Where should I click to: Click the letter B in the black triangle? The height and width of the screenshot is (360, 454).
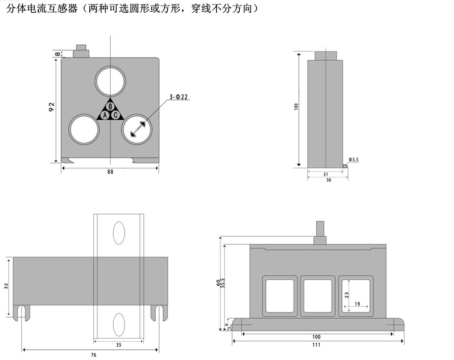click(110, 107)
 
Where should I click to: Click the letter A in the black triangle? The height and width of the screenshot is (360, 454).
click(105, 115)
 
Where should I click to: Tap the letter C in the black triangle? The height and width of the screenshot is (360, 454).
click(116, 115)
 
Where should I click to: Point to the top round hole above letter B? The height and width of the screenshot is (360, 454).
click(110, 81)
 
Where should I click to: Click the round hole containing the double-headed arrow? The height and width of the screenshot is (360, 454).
click(137, 128)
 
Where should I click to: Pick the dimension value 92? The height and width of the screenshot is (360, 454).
click(52, 107)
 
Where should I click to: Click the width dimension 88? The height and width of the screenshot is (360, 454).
click(110, 172)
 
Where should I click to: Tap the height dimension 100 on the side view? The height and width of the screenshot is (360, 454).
click(296, 107)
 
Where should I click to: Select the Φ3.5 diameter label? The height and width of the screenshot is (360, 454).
click(354, 160)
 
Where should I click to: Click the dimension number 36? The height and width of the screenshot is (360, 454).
click(328, 180)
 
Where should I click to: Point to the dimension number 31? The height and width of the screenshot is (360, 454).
click(325, 174)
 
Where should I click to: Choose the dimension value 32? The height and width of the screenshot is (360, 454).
click(6, 286)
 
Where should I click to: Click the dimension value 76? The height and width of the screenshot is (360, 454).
click(93, 354)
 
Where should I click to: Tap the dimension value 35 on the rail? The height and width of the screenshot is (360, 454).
click(118, 345)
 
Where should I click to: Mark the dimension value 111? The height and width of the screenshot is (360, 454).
click(316, 345)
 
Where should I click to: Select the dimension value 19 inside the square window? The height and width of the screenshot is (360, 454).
click(357, 304)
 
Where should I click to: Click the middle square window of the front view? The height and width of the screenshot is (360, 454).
click(317, 295)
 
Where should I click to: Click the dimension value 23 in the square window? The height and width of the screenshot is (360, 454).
click(346, 294)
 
